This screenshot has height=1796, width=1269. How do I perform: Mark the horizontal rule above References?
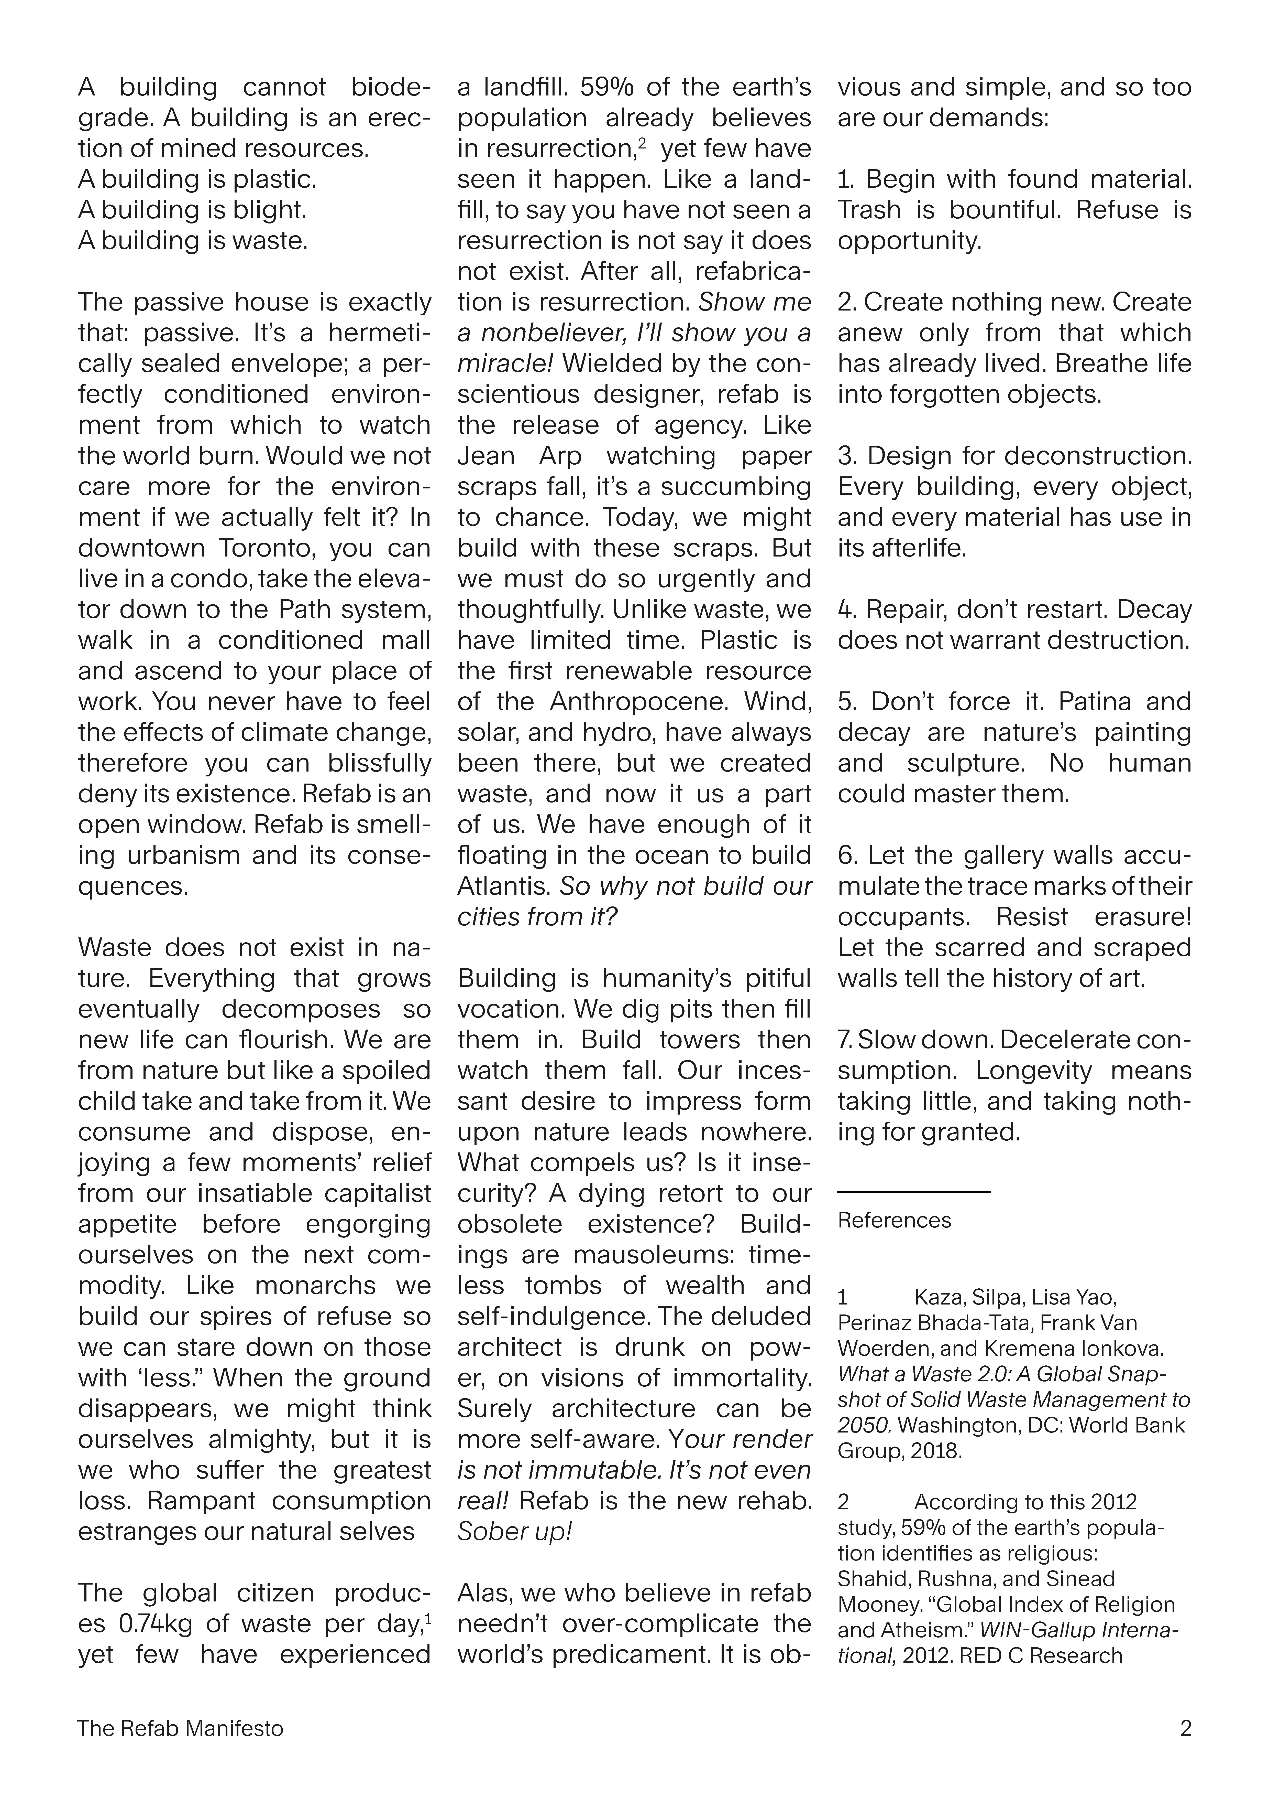coord(914,1191)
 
